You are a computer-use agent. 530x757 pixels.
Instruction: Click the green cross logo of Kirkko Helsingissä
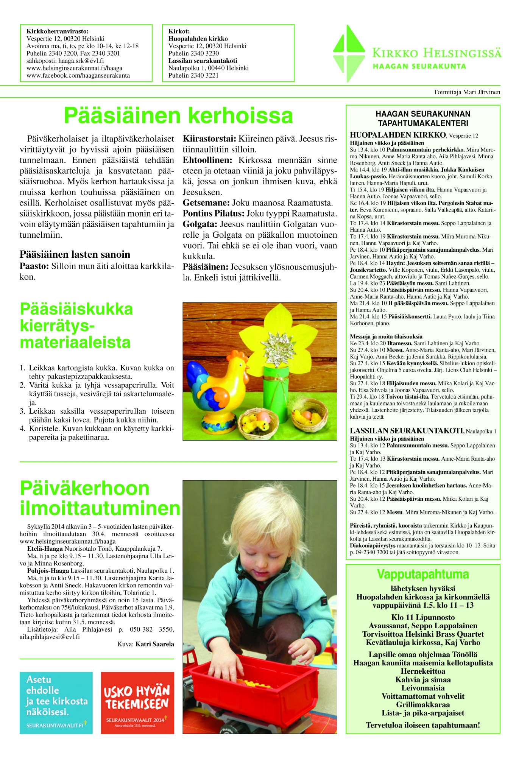click(349, 53)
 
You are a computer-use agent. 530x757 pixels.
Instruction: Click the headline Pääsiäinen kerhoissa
click(178, 115)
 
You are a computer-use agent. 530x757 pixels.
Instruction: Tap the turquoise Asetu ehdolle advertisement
click(56, 702)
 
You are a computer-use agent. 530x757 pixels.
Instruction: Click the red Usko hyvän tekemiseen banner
click(137, 702)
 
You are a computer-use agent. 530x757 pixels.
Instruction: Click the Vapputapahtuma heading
click(422, 574)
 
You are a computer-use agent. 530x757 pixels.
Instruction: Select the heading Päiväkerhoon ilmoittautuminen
click(100, 498)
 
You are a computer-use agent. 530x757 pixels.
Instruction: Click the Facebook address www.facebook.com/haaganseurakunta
click(78, 75)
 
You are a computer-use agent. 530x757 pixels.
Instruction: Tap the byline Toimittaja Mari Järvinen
click(466, 92)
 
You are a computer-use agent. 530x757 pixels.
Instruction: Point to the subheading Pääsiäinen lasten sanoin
click(75, 254)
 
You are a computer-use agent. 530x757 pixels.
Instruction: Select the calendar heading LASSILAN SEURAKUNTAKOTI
click(406, 431)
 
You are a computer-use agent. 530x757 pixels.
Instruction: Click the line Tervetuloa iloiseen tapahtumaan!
click(422, 725)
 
